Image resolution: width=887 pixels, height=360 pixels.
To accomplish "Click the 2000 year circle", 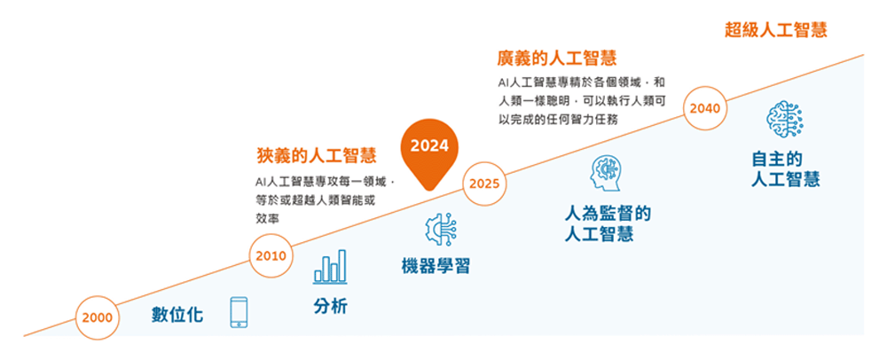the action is [x=98, y=317].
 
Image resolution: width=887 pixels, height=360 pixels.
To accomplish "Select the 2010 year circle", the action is [x=271, y=255].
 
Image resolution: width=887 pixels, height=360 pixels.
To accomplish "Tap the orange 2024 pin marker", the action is [x=429, y=153].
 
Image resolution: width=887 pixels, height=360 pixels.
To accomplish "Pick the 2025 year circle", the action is [x=485, y=184].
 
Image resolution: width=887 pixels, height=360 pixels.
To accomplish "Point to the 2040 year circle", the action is [x=705, y=107].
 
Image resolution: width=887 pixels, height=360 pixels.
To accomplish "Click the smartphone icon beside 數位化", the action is [x=239, y=312].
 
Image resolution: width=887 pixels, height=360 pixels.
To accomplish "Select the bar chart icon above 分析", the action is [x=330, y=267].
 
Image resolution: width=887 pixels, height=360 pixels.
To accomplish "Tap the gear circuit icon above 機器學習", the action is [x=441, y=230].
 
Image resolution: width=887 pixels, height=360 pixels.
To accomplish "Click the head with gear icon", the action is [x=605, y=174].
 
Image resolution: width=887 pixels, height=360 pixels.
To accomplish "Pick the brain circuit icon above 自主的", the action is [x=785, y=119].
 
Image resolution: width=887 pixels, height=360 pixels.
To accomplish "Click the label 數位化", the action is [x=177, y=314].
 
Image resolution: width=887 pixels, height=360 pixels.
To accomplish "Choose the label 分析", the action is [x=330, y=306].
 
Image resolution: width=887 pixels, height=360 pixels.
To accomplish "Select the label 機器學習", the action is [x=436, y=266].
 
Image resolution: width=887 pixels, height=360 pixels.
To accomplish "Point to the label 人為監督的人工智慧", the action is [x=608, y=223].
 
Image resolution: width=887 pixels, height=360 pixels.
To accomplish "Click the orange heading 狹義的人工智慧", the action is [x=317, y=155].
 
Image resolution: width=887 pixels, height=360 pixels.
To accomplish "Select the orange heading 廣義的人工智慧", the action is [x=557, y=58].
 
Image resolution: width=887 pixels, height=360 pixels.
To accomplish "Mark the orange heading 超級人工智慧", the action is [x=776, y=29].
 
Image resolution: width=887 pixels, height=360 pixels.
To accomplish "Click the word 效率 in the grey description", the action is [x=265, y=218].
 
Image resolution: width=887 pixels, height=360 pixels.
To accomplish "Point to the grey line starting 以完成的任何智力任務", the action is [x=557, y=119].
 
